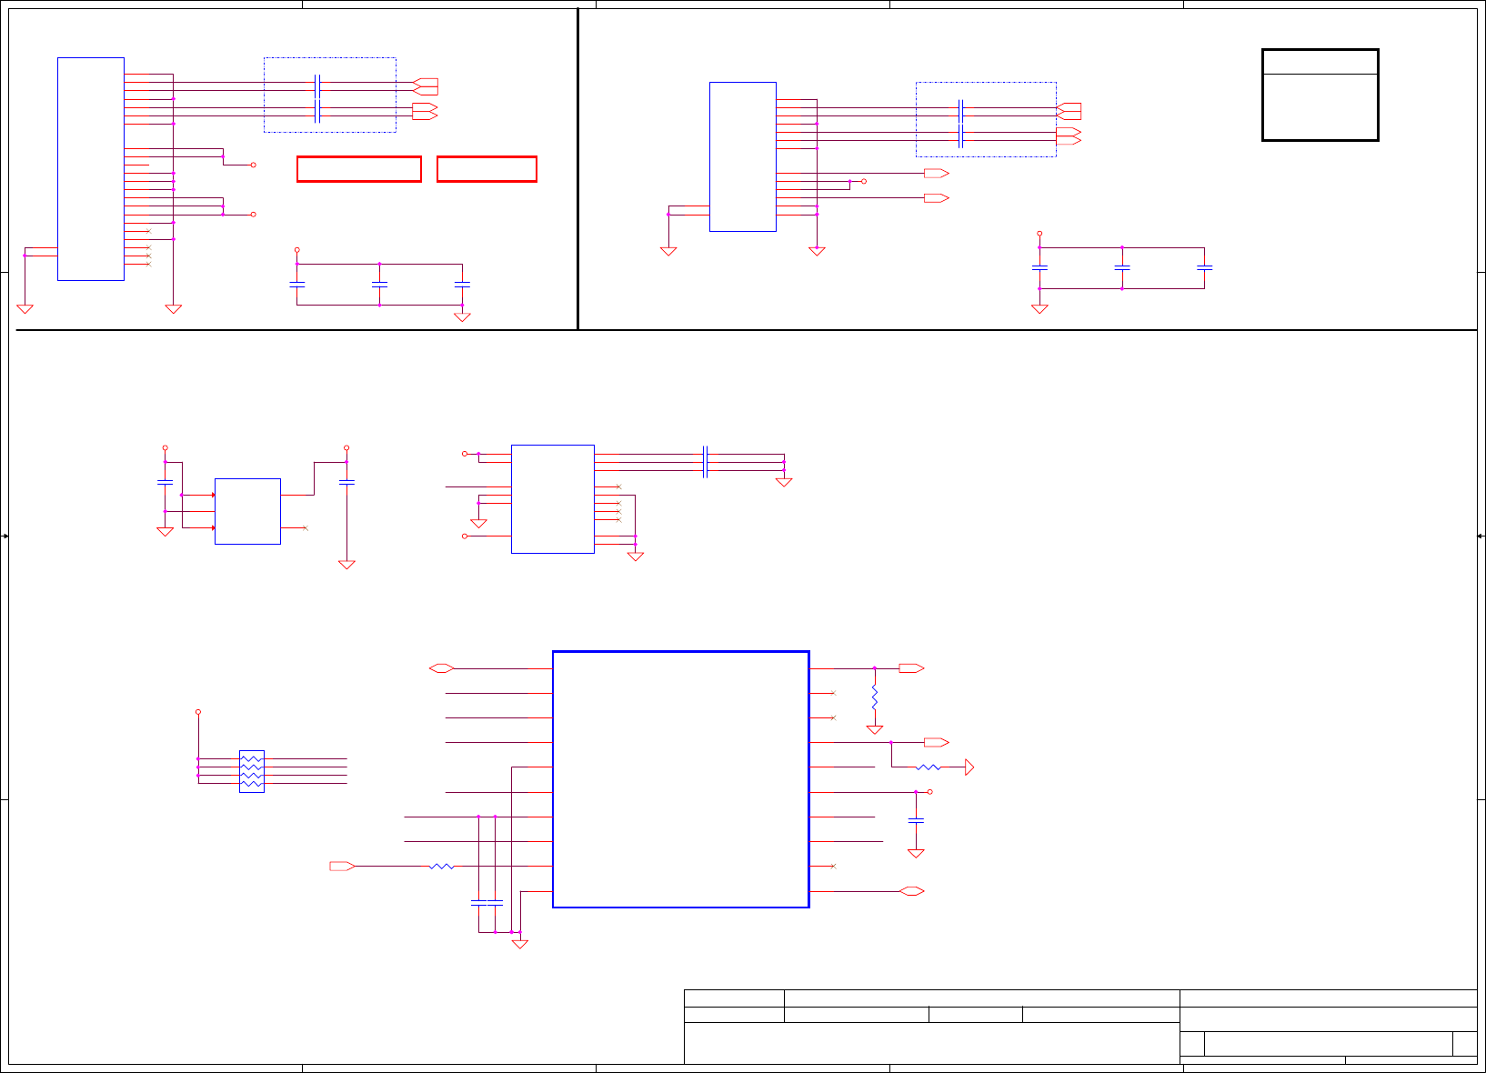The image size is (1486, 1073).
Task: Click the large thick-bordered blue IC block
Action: (x=680, y=779)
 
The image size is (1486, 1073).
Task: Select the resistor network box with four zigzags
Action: (x=252, y=771)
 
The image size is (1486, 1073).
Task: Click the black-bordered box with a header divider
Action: (x=1320, y=95)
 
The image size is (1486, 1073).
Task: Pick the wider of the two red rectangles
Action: (x=359, y=169)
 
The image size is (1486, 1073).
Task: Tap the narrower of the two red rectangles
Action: (x=487, y=169)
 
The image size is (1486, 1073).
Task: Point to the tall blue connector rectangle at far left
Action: (x=91, y=169)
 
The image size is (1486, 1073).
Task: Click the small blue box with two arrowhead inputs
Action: (x=247, y=511)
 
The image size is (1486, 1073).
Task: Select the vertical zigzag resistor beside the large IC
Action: (x=874, y=697)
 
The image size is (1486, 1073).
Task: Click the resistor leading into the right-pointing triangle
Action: (x=928, y=767)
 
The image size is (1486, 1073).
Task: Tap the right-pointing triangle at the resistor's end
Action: (x=969, y=767)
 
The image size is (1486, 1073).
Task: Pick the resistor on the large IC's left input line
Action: (x=441, y=867)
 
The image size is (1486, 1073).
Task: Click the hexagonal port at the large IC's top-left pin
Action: (x=441, y=668)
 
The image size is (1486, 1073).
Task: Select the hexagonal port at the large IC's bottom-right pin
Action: (x=911, y=891)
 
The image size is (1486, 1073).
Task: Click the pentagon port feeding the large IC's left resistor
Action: (x=342, y=867)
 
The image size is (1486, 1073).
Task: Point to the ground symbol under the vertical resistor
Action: (x=874, y=729)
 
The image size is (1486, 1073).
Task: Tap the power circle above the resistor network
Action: (x=198, y=712)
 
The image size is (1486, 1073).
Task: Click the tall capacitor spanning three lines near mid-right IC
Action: (x=706, y=462)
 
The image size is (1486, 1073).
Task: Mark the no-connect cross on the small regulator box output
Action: (x=306, y=527)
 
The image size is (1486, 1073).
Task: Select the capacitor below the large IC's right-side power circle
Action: (x=916, y=820)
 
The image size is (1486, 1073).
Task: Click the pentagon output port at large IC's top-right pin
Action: (x=910, y=668)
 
